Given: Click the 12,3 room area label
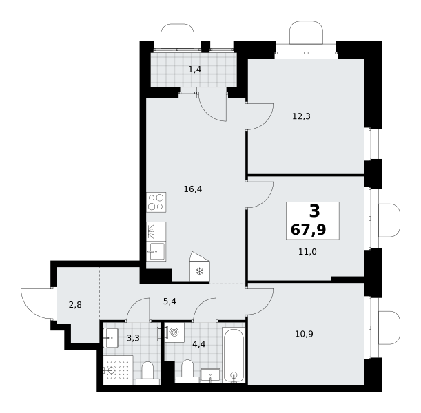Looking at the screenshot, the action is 301,116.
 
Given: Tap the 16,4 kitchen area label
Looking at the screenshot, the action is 193,189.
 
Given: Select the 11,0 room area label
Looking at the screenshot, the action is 307,252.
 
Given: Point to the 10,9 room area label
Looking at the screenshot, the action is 304,334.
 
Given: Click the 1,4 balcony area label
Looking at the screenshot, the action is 195,70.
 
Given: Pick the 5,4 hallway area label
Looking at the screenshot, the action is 170,301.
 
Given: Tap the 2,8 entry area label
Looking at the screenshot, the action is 75,305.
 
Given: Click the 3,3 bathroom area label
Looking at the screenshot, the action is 133,338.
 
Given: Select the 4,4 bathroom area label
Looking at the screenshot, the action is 199,343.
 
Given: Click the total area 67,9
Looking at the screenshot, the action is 309,230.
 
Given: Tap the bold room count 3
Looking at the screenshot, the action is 315,211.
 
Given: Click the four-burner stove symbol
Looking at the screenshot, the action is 156,202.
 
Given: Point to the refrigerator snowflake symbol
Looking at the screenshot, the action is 200,271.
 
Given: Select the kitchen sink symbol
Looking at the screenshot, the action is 156,251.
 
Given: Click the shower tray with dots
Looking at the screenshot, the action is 119,370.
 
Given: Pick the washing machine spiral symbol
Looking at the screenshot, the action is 174,332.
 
